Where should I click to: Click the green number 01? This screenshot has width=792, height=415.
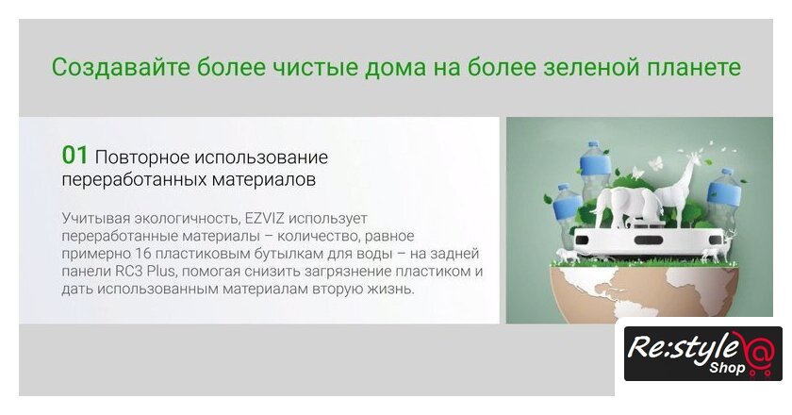74,156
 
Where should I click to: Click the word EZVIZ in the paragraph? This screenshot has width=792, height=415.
265,219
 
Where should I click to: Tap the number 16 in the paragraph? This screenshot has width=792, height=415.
144,254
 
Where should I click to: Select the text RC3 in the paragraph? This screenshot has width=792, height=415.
129,271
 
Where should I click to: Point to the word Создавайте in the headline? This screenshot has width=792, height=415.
120,67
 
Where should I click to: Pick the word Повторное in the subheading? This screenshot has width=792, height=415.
142,158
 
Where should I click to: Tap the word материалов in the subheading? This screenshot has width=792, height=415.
264,179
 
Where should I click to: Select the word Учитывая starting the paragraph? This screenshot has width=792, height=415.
96,219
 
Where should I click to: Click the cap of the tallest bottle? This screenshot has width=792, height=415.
593,144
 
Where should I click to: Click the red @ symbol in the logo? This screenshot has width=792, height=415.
758,350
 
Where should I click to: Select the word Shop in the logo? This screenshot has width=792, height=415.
727,368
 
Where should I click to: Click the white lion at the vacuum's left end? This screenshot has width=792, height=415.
569,256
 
